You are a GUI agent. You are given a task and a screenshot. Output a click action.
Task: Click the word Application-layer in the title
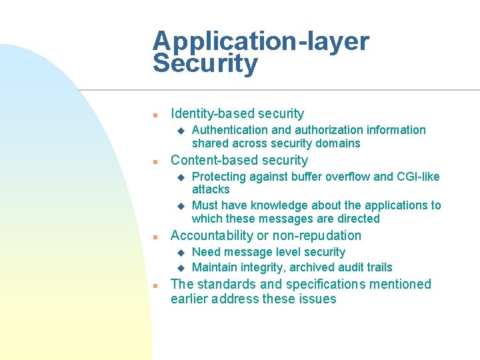pos(260,41)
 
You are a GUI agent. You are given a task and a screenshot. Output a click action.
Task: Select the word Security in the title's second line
pos(205,64)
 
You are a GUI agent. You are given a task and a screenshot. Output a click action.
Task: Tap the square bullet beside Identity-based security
pos(155,115)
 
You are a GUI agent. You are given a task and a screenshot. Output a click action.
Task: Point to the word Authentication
pos(229,130)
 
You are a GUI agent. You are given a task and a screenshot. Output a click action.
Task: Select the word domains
pos(338,143)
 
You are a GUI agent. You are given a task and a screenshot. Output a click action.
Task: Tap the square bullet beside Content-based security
pos(155,161)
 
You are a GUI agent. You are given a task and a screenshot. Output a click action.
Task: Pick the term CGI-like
pos(418,177)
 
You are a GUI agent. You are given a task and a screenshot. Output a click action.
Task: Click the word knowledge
pos(278,205)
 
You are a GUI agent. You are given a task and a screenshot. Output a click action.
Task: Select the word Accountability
pos(212,236)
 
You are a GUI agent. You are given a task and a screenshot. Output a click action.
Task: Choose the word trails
pos(378,267)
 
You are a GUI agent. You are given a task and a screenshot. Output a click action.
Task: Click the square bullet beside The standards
pos(155,285)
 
